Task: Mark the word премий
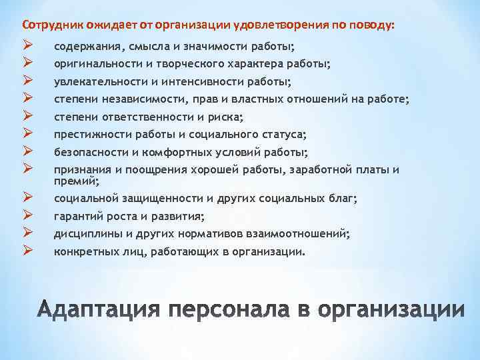click(76, 181)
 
